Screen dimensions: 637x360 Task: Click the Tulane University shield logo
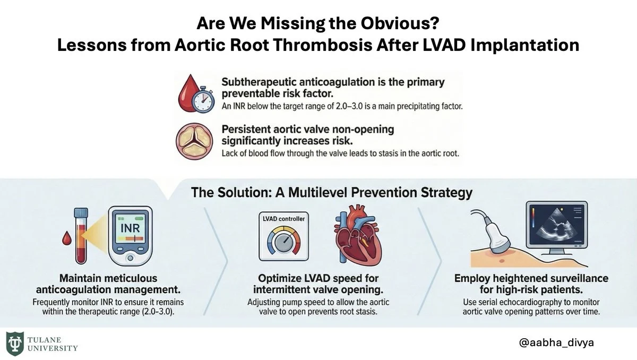click(15, 344)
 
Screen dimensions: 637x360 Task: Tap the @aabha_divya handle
click(556, 342)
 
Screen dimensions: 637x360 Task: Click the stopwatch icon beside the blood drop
click(203, 101)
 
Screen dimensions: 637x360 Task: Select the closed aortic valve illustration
click(194, 141)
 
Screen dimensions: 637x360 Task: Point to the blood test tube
click(81, 236)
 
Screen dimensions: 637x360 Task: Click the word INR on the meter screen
click(130, 228)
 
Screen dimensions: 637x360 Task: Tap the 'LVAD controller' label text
click(283, 219)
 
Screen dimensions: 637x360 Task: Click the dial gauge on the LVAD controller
click(283, 242)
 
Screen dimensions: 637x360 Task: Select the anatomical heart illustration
click(358, 235)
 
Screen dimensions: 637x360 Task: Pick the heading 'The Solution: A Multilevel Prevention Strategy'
click(332, 193)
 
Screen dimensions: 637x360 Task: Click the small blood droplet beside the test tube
click(67, 238)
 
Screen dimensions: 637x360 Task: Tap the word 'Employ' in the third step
click(471, 278)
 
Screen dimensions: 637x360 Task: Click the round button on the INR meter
click(130, 258)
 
